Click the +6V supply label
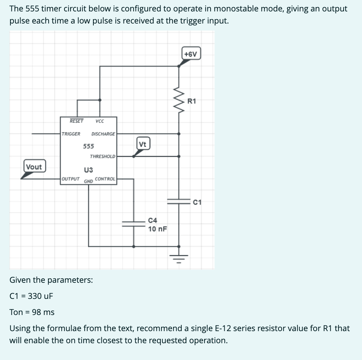191,54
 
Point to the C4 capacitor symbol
134,224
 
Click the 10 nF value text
158,229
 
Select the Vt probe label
143,144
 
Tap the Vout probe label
34,167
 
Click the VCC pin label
99,121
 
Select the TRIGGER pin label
71,134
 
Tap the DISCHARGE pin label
103,134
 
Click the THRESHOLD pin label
102,156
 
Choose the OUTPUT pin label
71,179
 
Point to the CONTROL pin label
105,179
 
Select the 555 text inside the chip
89,146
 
